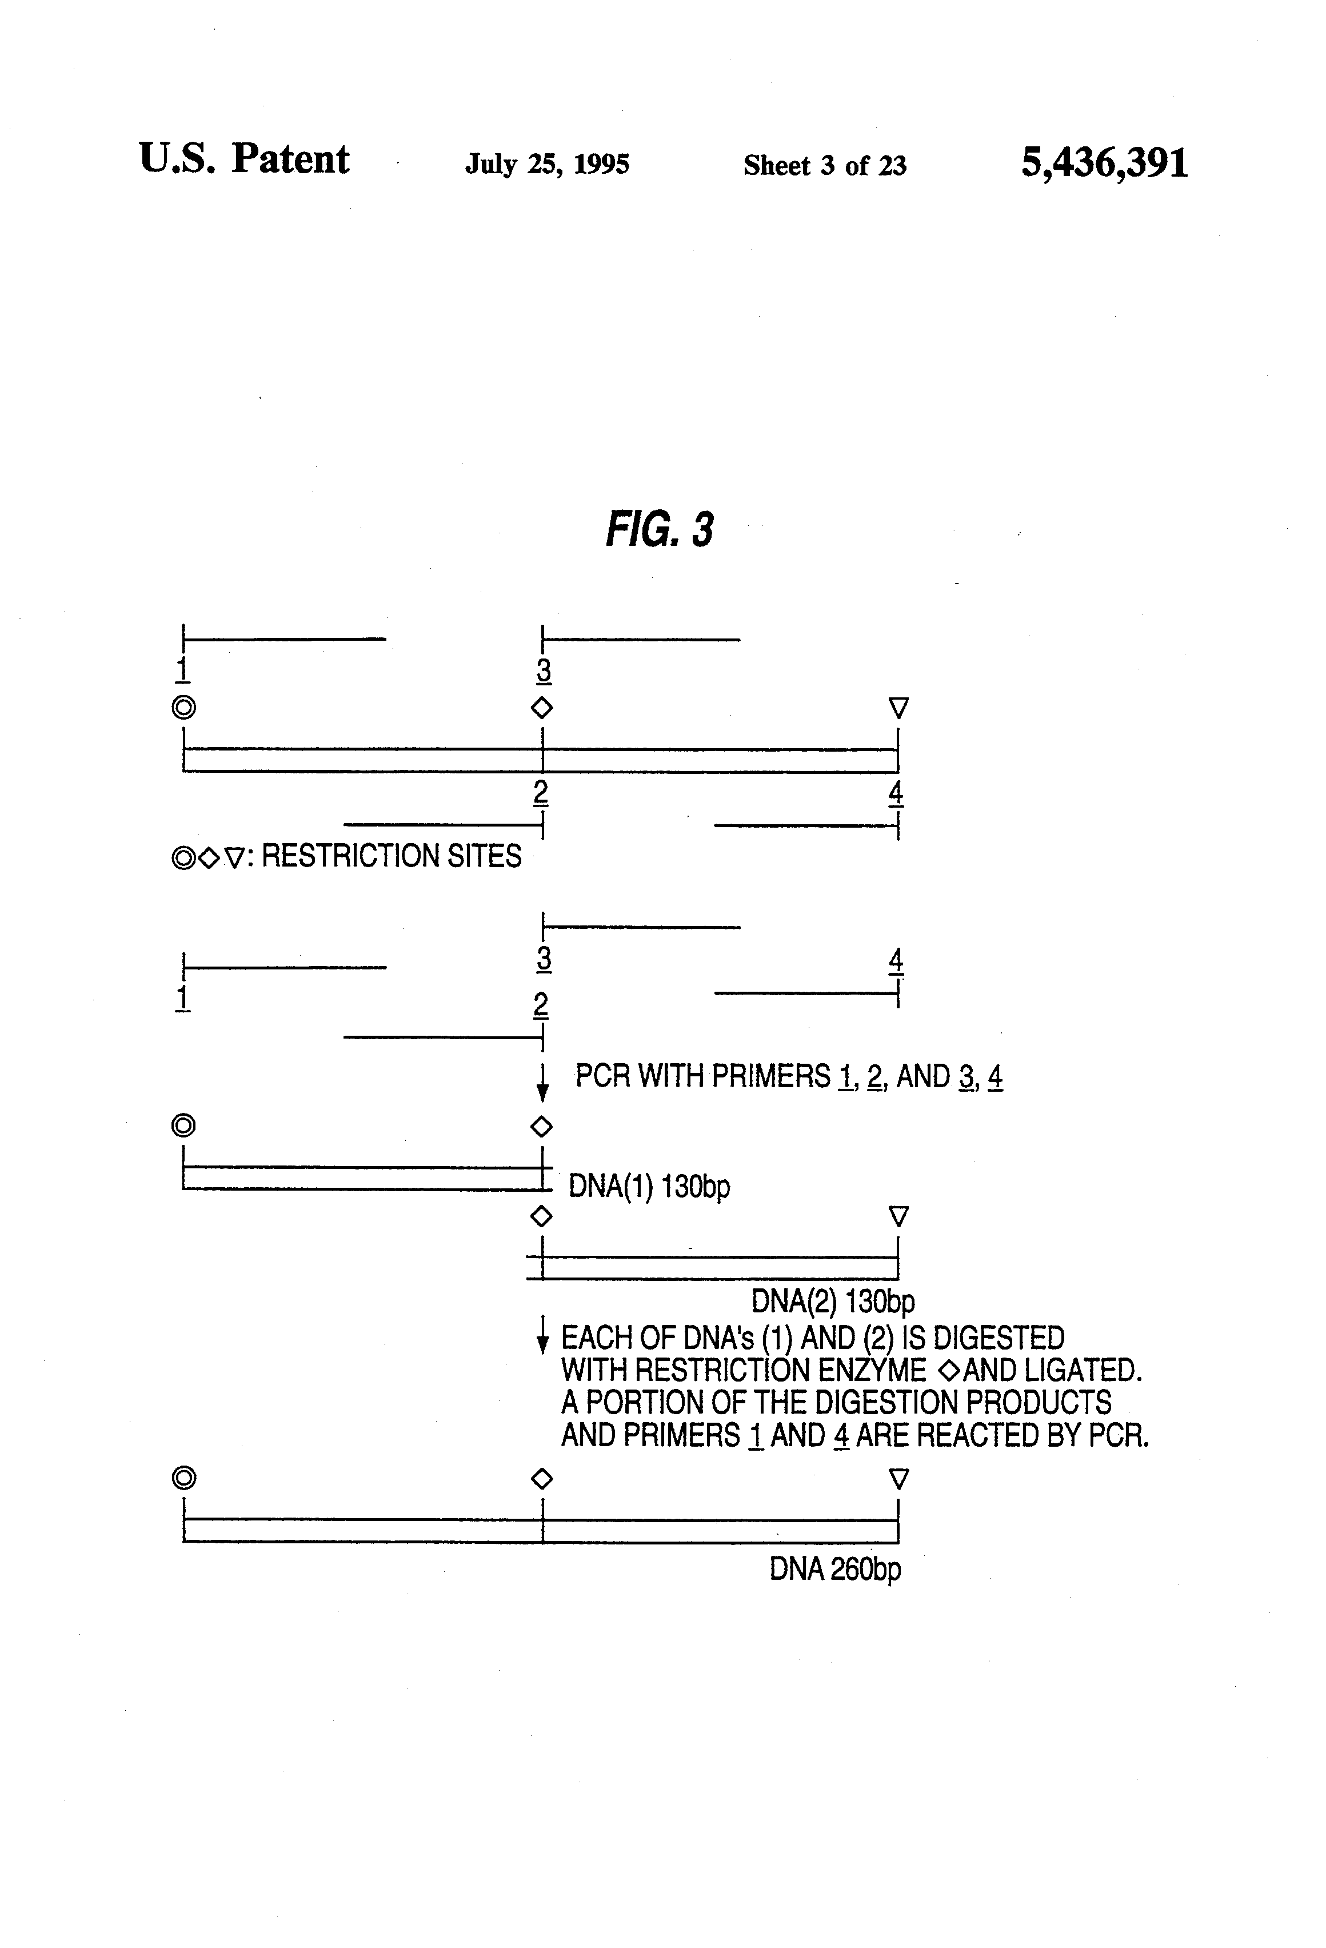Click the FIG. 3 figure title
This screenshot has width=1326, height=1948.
coord(660,530)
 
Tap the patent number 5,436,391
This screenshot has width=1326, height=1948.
coord(1104,162)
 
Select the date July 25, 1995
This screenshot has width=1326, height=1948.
coord(548,163)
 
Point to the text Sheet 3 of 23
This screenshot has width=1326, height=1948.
coord(825,165)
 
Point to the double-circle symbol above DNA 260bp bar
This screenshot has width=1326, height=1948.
coord(183,1478)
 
